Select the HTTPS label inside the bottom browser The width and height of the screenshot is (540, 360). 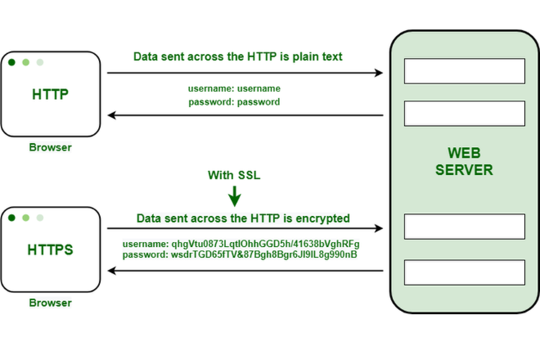tap(50, 250)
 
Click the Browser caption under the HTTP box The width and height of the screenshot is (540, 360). tap(50, 148)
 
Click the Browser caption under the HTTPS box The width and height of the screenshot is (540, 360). tap(50, 302)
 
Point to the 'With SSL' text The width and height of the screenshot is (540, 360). tap(235, 176)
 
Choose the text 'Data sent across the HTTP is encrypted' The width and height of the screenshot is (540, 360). tap(243, 217)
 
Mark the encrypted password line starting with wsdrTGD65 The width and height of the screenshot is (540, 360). tap(240, 255)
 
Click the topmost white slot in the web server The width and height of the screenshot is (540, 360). tap(464, 71)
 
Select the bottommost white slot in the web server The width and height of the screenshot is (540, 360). tap(464, 272)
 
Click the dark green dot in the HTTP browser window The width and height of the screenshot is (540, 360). tap(12, 63)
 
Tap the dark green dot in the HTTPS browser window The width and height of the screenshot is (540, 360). tap(12, 217)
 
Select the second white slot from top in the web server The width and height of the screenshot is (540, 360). tap(464, 114)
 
